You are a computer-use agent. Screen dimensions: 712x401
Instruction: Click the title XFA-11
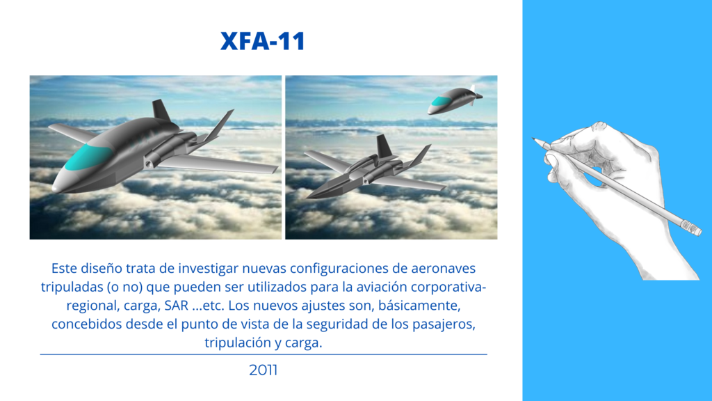[262, 41]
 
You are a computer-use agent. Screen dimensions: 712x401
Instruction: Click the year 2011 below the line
[264, 370]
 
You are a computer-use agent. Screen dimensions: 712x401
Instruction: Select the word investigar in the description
[208, 269]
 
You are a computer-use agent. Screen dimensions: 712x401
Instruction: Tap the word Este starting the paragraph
[64, 268]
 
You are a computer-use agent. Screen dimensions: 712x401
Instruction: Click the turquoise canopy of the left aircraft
[88, 157]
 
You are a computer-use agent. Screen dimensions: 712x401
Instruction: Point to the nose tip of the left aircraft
[54, 188]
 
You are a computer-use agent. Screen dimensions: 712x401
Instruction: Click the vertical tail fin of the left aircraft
[161, 111]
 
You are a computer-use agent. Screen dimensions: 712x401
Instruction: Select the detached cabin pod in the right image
[455, 100]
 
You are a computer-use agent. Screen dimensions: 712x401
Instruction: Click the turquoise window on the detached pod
[439, 101]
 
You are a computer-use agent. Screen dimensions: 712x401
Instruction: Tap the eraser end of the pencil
[692, 228]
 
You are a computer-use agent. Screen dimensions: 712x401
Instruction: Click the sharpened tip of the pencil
[535, 139]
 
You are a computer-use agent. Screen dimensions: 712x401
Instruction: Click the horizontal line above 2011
[264, 354]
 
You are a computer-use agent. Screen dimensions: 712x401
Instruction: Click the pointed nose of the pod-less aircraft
[308, 198]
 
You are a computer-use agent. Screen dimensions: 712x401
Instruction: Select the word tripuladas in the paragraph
[72, 288]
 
